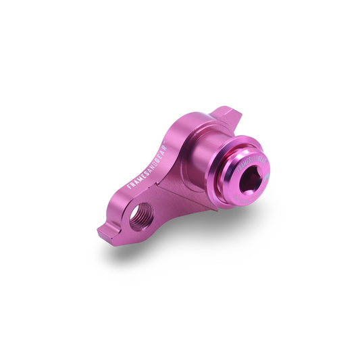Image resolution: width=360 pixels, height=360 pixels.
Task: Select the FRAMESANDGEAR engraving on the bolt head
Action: pyautogui.click(x=251, y=163)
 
